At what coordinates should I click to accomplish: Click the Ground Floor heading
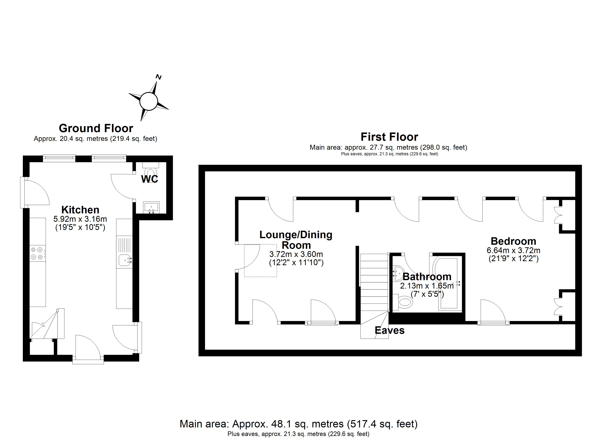coord(96,128)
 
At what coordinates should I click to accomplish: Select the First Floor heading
coord(389,137)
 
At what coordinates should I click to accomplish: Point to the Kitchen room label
coord(80,210)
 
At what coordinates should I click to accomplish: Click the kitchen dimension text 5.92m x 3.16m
coord(80,219)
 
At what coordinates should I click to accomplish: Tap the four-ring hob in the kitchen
coord(37,253)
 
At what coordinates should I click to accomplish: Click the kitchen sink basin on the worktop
coord(124,260)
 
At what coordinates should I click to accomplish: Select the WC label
coord(150,179)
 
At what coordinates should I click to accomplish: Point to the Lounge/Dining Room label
coord(296,240)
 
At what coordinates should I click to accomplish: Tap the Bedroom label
coord(513,241)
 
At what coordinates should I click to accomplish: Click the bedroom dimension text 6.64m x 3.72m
coord(513,250)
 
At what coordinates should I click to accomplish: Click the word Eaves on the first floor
coord(390,330)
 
